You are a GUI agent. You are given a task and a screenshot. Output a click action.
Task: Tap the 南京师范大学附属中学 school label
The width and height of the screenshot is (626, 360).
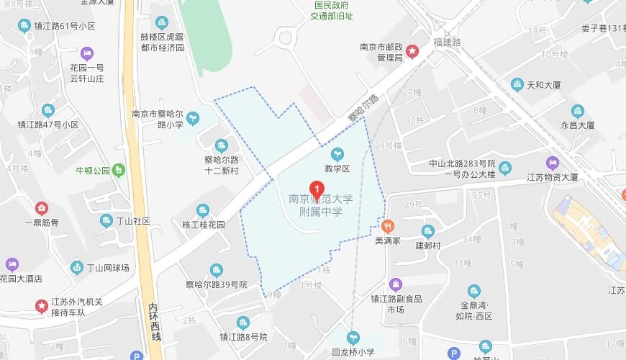tap(321, 206)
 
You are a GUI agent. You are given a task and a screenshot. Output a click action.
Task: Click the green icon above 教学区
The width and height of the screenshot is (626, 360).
tap(336, 153)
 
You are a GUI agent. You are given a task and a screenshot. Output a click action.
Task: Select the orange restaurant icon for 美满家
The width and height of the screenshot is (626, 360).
tap(387, 225)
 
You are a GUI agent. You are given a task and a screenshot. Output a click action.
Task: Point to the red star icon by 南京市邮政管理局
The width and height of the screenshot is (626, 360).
tap(412, 50)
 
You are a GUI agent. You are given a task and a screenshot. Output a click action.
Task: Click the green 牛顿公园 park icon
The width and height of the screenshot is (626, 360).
tap(119, 170)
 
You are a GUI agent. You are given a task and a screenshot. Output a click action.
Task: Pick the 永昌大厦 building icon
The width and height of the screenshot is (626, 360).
tap(578, 111)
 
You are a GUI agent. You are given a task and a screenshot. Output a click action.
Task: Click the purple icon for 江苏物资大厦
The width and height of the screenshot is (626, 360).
tap(552, 162)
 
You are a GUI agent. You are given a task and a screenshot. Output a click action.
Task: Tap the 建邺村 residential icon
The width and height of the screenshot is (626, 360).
tap(427, 231)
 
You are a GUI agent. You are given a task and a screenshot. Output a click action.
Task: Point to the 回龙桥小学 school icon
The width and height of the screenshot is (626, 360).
tap(353, 337)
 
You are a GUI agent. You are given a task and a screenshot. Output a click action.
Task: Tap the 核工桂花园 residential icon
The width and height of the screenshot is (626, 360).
tap(203, 210)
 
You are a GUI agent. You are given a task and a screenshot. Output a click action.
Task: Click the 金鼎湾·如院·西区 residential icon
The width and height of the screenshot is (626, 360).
tap(474, 292)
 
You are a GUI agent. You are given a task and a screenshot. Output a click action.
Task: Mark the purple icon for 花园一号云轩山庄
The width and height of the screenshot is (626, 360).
tap(86, 53)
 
